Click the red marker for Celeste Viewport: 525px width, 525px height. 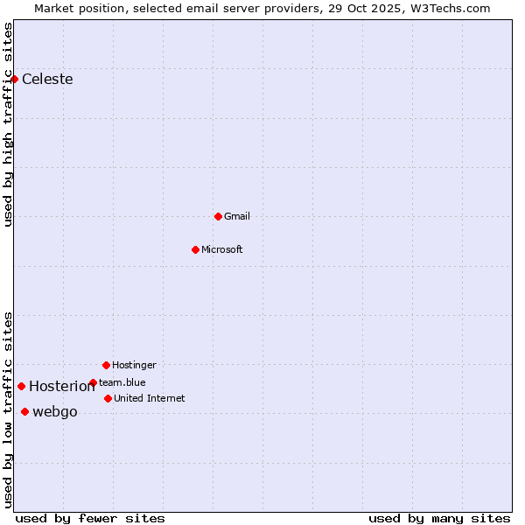tap(14, 79)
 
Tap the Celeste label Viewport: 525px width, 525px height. tap(47, 80)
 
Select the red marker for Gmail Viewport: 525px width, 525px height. tap(218, 216)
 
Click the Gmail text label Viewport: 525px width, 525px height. tap(237, 216)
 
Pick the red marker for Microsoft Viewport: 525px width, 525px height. tap(195, 249)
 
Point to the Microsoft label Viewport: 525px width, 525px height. tap(222, 249)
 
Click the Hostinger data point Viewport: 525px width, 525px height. tap(106, 365)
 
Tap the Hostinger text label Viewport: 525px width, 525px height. tap(134, 365)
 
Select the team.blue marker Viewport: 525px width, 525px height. tap(93, 382)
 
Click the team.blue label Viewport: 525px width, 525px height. tap(122, 382)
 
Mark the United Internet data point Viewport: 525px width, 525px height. tap(108, 398)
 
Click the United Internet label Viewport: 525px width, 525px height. tap(150, 398)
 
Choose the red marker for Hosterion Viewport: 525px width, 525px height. tap(21, 386)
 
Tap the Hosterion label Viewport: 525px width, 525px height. tap(62, 387)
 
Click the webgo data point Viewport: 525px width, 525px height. tap(24, 411)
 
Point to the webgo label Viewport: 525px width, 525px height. tap(55, 412)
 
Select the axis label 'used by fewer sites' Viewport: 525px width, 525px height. tap(90, 518)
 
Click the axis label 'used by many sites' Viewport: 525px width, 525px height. tap(439, 518)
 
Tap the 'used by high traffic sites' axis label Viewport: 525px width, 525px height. tap(8, 124)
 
